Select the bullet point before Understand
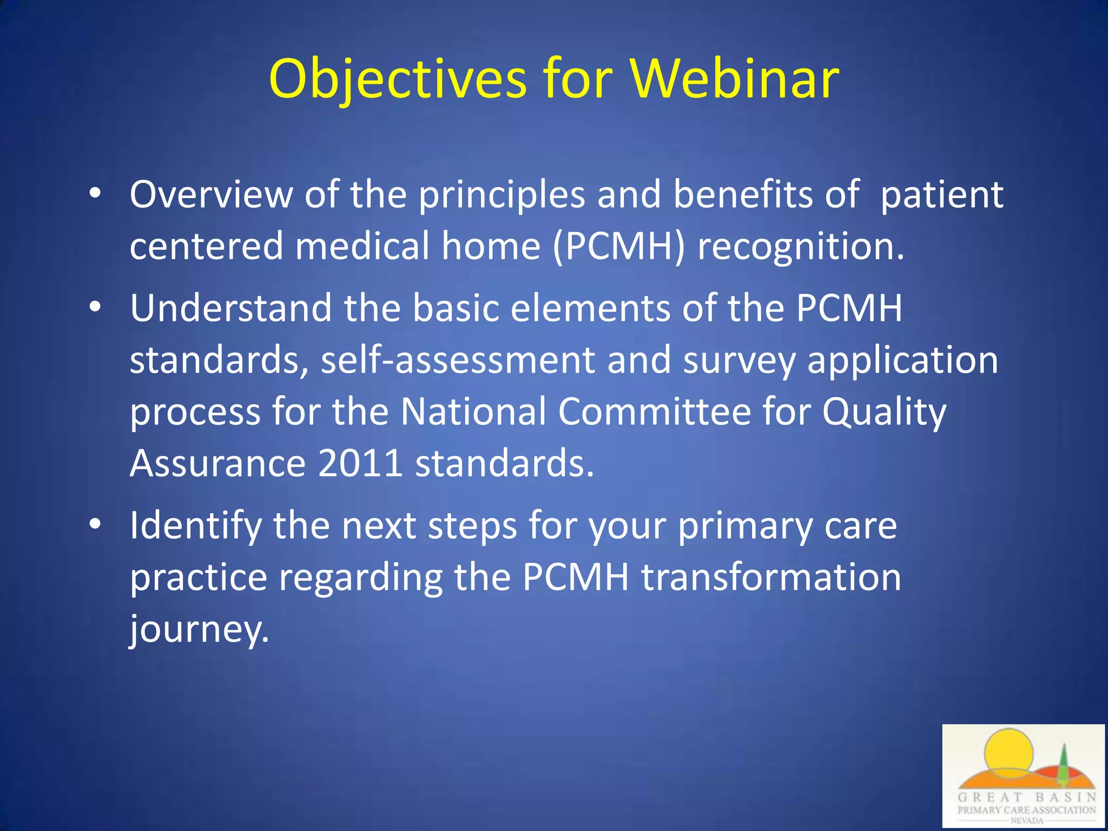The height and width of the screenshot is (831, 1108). click(96, 307)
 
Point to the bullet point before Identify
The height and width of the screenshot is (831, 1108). click(96, 524)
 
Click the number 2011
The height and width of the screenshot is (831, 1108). click(360, 463)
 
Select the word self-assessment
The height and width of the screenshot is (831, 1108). click(458, 360)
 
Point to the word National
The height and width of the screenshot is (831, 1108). click(473, 411)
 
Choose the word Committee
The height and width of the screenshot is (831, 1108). click(655, 411)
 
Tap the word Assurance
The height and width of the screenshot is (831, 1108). click(218, 463)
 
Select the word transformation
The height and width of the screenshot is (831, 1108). click(771, 577)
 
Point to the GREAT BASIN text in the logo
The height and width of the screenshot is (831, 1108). click(1026, 797)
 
